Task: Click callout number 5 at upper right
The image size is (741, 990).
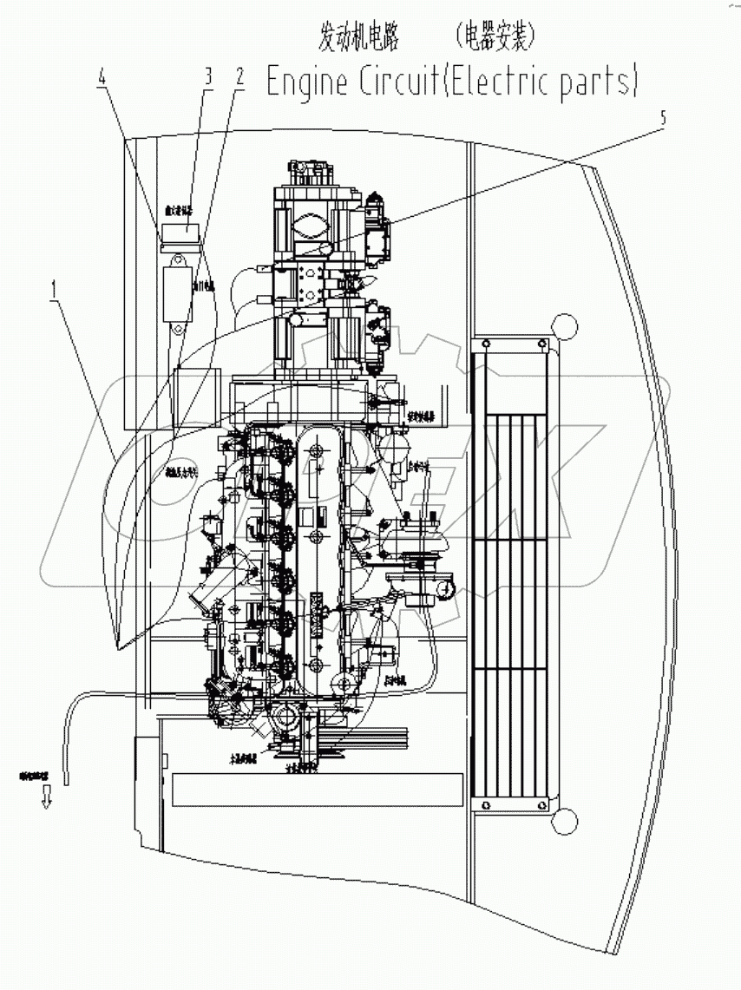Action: coord(664,119)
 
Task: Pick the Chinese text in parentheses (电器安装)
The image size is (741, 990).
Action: coord(495,36)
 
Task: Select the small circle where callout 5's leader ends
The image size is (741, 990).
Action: coord(327,249)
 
